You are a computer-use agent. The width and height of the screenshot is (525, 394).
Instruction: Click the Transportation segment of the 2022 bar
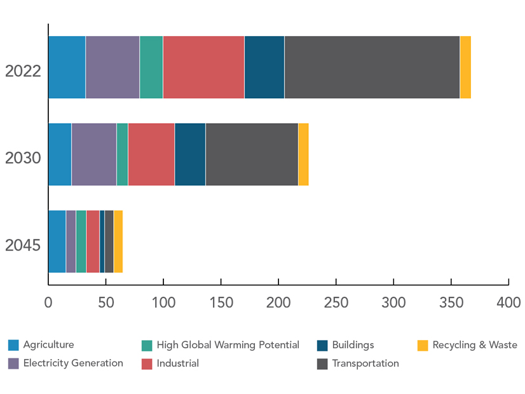point(372,67)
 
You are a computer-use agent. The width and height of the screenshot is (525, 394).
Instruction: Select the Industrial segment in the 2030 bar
point(151,154)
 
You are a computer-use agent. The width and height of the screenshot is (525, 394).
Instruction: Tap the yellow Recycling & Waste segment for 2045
point(118,241)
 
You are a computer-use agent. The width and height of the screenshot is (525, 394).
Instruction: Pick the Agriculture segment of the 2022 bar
point(67,67)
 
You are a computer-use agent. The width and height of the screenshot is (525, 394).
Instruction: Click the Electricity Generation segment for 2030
point(93,154)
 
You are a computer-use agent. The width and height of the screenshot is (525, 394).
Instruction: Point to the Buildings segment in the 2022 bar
point(264,67)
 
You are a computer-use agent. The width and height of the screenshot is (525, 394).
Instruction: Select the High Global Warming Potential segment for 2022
point(151,67)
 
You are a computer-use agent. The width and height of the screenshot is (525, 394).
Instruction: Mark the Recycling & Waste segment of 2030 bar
point(303,154)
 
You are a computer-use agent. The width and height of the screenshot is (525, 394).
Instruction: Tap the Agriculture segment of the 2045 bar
point(57,241)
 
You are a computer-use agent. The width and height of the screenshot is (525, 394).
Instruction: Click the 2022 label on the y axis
point(23,71)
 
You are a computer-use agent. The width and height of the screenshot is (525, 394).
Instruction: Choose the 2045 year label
point(23,245)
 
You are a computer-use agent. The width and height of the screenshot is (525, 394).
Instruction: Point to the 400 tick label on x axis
point(508,302)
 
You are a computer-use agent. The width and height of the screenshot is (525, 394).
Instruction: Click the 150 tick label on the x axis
point(221,302)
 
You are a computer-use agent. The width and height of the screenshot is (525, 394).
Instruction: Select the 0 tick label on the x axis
point(48,302)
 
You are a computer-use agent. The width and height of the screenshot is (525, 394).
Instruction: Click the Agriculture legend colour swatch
point(13,345)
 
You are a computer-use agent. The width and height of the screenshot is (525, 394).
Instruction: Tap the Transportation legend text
point(365,363)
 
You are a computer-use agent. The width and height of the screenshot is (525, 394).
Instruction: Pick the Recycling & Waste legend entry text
point(475,345)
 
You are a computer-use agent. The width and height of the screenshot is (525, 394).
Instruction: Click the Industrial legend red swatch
point(146,363)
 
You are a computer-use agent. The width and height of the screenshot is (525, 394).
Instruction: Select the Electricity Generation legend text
point(73,363)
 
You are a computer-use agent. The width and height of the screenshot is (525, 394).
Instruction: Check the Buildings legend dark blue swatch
point(322,345)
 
